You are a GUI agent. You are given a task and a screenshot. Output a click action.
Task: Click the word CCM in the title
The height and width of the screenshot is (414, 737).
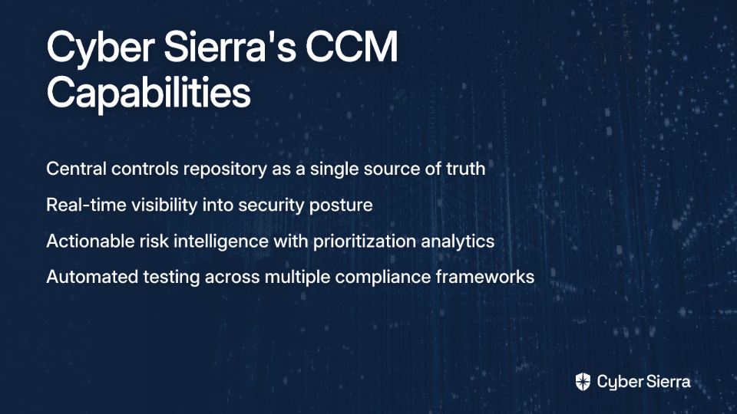pos(352,47)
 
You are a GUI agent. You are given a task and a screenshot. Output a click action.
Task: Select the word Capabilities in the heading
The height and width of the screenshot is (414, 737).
pos(148,94)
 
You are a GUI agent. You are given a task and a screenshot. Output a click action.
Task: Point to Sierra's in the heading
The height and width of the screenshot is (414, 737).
pos(230,47)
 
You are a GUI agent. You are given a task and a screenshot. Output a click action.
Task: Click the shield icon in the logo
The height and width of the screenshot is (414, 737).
pos(583,382)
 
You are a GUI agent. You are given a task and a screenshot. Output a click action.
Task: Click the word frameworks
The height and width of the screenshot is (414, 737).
pos(485,277)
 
